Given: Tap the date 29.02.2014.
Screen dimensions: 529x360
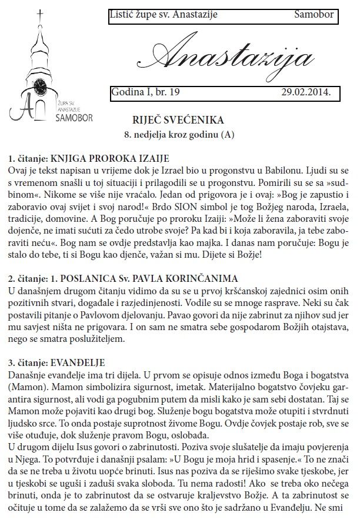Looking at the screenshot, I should tap(306, 92).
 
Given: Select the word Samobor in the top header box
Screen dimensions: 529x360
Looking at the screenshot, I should tap(314, 15).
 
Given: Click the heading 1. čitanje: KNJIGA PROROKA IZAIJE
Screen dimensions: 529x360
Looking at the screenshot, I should tap(88, 158).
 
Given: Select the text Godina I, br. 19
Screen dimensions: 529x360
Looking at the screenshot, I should tap(146, 92).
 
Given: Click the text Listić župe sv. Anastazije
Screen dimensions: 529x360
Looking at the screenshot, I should tap(163, 15).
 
